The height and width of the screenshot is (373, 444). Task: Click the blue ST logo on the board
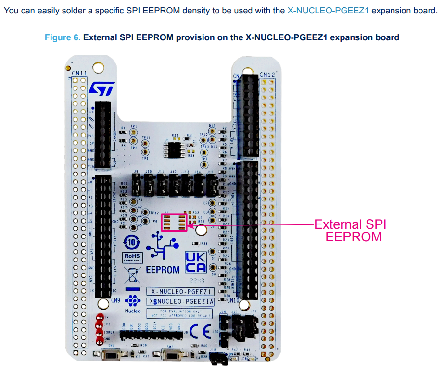(101, 88)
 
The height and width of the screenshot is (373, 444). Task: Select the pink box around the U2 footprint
(174, 222)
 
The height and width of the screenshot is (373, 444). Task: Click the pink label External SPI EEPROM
(350, 230)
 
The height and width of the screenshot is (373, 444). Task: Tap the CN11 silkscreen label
(79, 73)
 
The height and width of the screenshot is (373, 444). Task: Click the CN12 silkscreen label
(267, 75)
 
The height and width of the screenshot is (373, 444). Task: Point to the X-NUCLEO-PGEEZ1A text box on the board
(181, 301)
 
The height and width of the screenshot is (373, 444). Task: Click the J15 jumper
(210, 183)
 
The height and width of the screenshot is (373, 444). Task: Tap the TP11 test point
(146, 144)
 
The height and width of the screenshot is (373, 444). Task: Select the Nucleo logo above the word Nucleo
(132, 301)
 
